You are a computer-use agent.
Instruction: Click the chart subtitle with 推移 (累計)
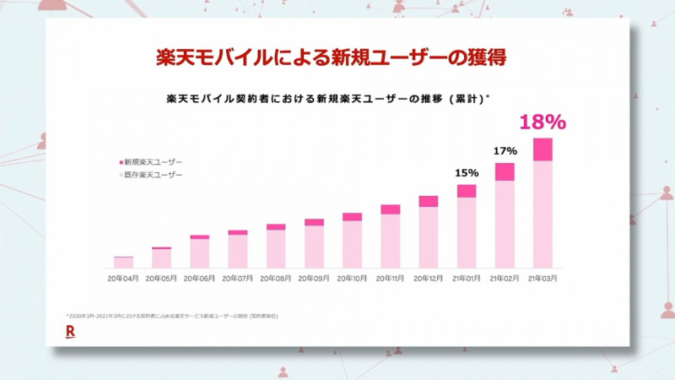click(329, 99)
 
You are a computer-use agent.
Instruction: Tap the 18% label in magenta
click(543, 122)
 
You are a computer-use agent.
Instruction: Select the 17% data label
click(505, 150)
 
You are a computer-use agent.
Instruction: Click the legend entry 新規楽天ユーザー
click(152, 161)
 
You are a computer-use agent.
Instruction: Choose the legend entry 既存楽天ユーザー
click(152, 175)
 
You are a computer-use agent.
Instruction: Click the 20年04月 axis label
click(124, 277)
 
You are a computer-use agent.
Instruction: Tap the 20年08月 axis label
click(276, 277)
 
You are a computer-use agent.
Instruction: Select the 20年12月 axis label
click(429, 277)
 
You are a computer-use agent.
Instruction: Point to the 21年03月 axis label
click(543, 277)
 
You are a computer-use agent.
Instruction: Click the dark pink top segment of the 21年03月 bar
click(543, 149)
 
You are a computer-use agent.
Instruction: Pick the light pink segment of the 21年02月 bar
click(505, 225)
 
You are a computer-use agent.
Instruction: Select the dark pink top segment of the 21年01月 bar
click(467, 191)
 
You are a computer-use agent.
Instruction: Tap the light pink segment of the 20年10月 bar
click(352, 245)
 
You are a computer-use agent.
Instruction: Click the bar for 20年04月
click(124, 263)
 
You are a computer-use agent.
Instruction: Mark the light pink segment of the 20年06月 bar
click(200, 253)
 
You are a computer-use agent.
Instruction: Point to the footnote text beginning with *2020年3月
click(172, 315)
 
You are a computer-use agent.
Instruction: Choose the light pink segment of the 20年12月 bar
click(429, 237)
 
